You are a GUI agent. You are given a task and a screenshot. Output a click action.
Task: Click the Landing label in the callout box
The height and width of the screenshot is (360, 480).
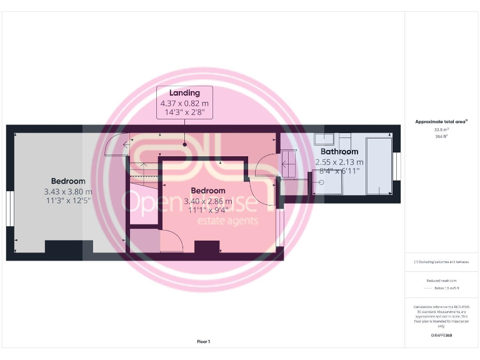coord(184,93)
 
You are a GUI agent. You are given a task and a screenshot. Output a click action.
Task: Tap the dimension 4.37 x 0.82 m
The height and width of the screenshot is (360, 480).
coord(184,103)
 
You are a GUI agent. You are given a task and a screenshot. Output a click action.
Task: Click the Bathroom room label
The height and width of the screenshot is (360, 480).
coord(339,152)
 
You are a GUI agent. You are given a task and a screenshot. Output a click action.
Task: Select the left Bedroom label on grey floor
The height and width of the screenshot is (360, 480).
coord(68,181)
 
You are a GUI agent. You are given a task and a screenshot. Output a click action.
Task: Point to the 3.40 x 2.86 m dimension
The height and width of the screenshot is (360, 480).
coord(208,201)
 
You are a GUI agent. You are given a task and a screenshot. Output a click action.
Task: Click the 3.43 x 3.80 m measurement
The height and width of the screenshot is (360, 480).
coord(68,192)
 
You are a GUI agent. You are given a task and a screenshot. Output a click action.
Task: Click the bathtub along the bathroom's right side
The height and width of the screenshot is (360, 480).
coord(378,166)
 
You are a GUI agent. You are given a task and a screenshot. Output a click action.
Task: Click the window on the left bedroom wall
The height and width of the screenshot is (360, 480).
coord(9,207)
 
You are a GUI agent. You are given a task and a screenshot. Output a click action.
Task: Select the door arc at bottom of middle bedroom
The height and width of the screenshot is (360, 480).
coord(172,241)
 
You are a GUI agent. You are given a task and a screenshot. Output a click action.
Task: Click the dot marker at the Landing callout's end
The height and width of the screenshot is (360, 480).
coord(184,144)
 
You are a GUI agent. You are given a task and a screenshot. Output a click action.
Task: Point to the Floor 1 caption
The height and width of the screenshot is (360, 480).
coord(204,342)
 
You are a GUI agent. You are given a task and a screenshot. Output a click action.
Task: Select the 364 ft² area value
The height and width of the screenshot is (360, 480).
coord(441,136)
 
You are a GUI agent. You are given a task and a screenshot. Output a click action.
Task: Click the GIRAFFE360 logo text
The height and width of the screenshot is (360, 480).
coord(441,336)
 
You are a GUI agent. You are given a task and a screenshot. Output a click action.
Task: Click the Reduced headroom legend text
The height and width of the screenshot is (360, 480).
coord(441,281)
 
